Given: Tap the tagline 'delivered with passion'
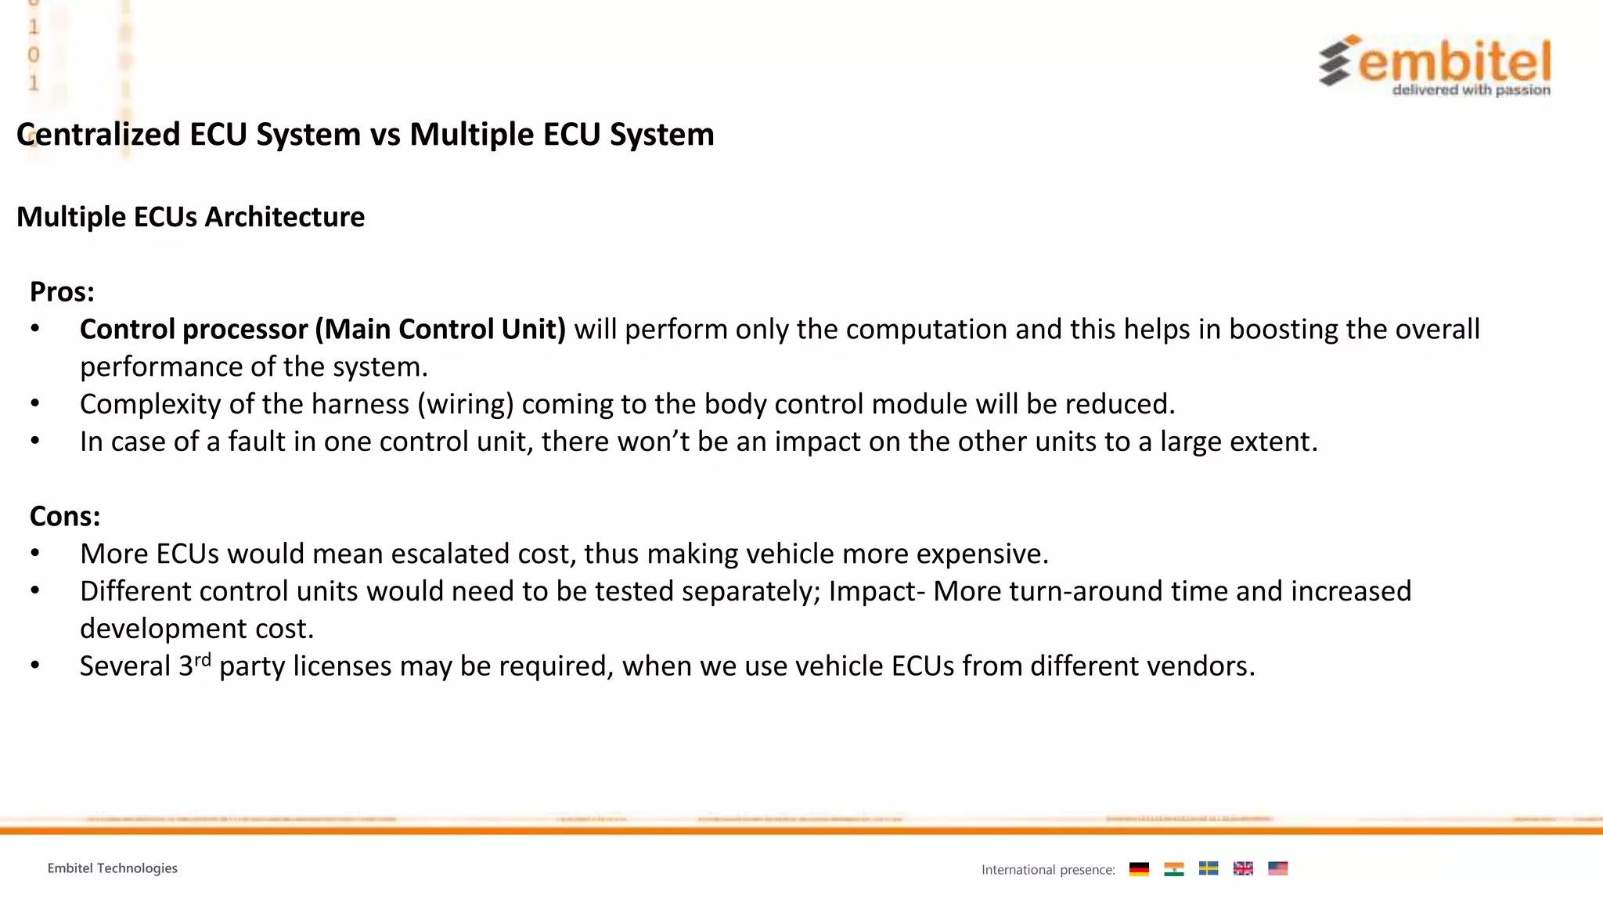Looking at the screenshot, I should pyautogui.click(x=1471, y=90).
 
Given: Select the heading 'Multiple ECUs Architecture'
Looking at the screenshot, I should pyautogui.click(x=190, y=217).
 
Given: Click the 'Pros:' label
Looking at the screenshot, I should pyautogui.click(x=62, y=292).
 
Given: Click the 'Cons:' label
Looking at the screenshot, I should pyautogui.click(x=65, y=516).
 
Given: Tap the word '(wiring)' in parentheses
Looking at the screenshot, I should pyautogui.click(x=465, y=404).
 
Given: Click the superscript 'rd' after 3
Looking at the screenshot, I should pyautogui.click(x=203, y=659).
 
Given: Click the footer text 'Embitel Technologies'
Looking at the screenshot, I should pyautogui.click(x=112, y=868).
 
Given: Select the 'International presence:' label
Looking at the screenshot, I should pyautogui.click(x=1048, y=870).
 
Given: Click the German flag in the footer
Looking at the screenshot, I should pyautogui.click(x=1139, y=869).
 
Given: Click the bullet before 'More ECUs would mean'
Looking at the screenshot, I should pyautogui.click(x=35, y=554).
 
